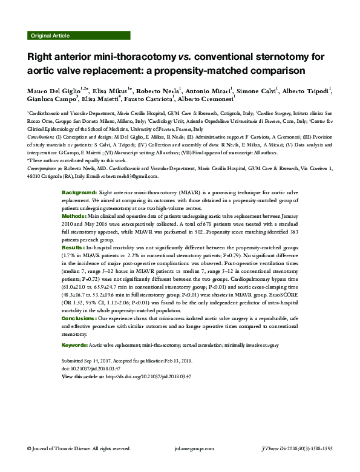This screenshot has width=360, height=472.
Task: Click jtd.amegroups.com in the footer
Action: (x=180, y=465)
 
